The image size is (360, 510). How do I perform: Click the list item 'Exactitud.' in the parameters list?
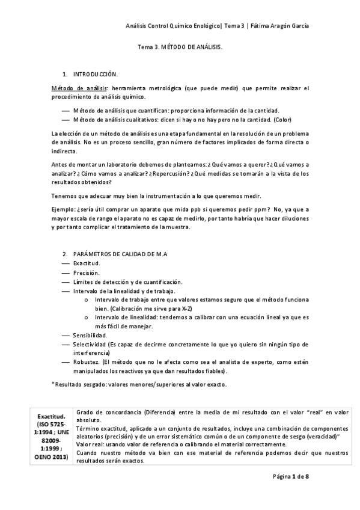[x=87, y=263]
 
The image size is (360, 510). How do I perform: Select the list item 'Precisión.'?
[x=86, y=272]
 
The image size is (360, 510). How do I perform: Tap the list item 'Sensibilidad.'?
[x=90, y=335]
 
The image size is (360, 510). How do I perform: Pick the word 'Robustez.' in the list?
[x=87, y=363]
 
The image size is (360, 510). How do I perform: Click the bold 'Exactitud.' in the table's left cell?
[x=51, y=416]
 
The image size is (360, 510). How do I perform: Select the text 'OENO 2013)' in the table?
[x=52, y=457]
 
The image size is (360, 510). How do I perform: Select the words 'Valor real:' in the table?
[x=91, y=444]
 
